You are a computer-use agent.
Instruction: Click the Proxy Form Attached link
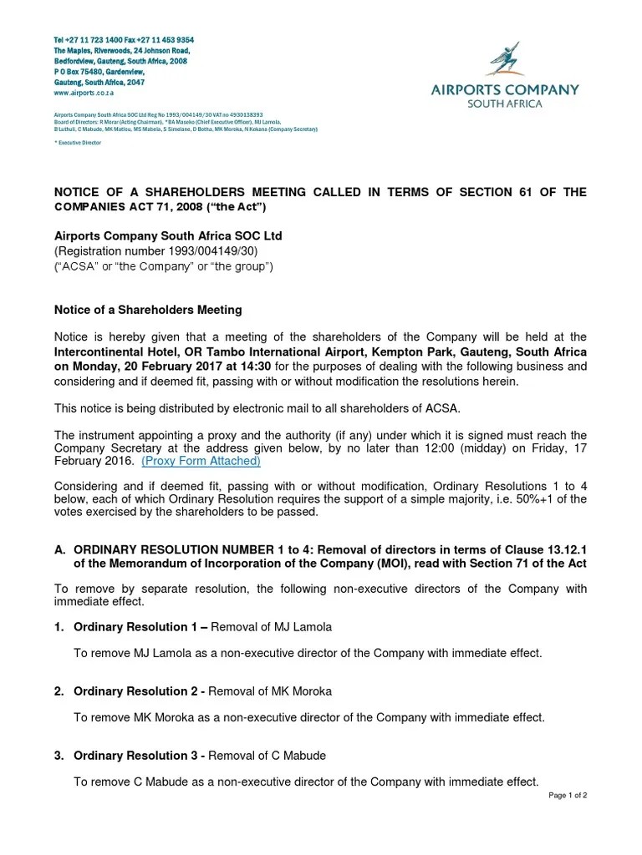tap(201, 461)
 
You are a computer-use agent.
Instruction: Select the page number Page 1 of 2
tap(568, 796)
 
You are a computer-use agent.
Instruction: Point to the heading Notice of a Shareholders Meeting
tap(148, 310)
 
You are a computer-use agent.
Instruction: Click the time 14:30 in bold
tap(256, 366)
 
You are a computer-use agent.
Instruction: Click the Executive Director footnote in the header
tap(78, 143)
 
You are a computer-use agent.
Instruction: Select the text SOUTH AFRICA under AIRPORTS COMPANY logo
tap(505, 104)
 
